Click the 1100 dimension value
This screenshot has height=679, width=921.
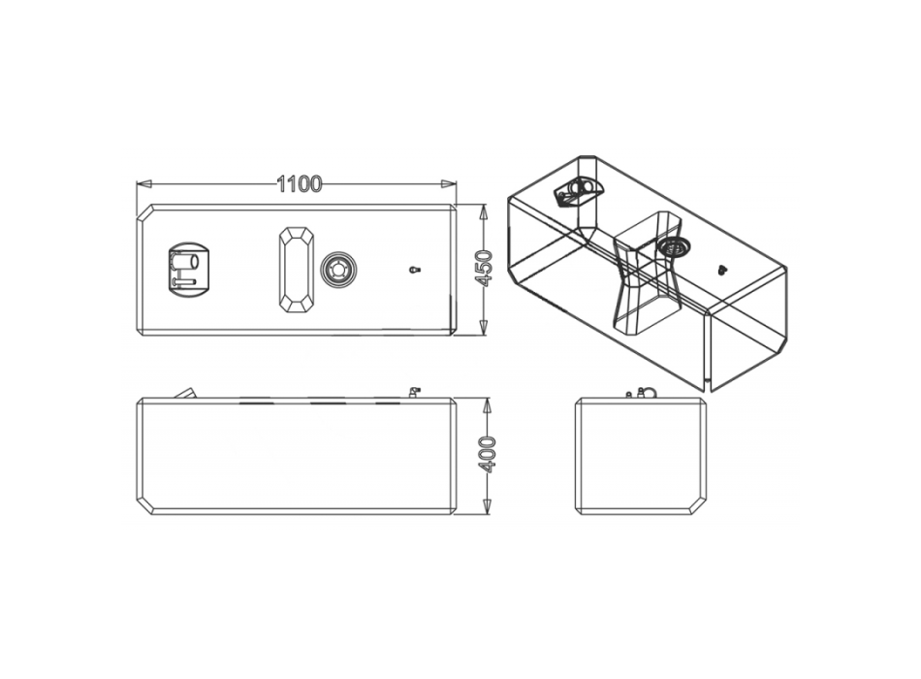(x=299, y=184)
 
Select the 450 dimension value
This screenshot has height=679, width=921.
(x=485, y=268)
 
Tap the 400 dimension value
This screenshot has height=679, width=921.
(x=488, y=454)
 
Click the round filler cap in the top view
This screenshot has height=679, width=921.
(x=338, y=270)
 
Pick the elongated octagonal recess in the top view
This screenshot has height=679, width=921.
(x=297, y=269)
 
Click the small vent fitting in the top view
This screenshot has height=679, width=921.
(x=415, y=270)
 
